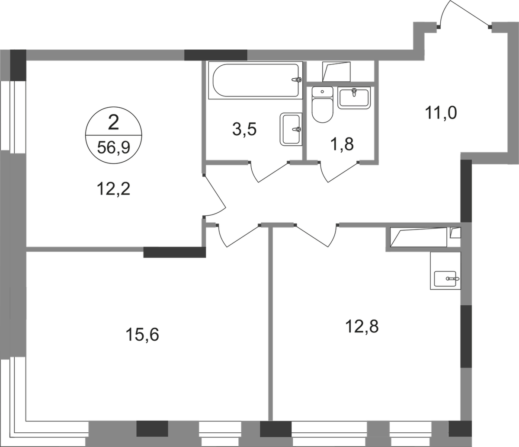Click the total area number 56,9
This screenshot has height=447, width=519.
(x=113, y=149)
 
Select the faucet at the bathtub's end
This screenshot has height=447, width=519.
(x=296, y=80)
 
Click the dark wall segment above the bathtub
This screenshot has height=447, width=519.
(x=216, y=55)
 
